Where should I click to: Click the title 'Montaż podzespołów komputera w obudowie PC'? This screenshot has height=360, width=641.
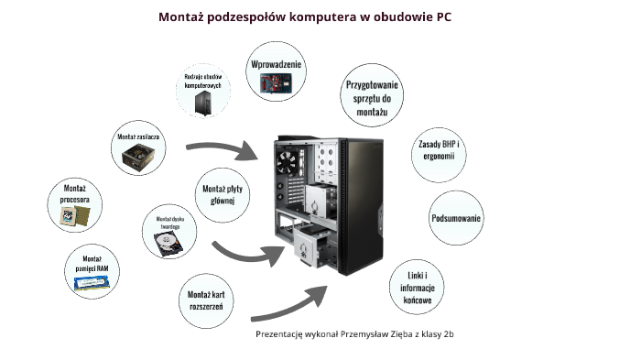pyautogui.click(x=304, y=16)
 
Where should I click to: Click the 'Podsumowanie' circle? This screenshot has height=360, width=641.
pyautogui.click(x=456, y=218)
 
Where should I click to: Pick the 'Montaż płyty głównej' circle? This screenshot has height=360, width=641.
pyautogui.click(x=219, y=195)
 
